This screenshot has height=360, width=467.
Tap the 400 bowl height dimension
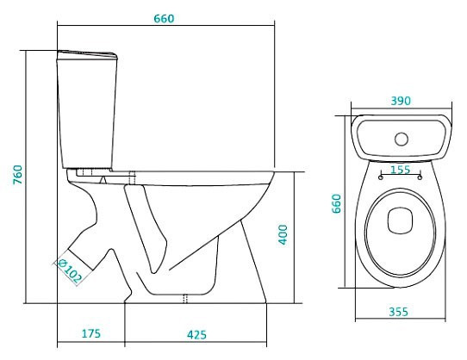282,234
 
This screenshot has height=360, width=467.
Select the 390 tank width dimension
401,101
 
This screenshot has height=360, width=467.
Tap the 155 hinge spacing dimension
400,171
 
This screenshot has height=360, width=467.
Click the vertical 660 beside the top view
339,202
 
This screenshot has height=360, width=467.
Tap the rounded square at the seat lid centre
400,220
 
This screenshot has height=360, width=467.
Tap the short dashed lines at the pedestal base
185,298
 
